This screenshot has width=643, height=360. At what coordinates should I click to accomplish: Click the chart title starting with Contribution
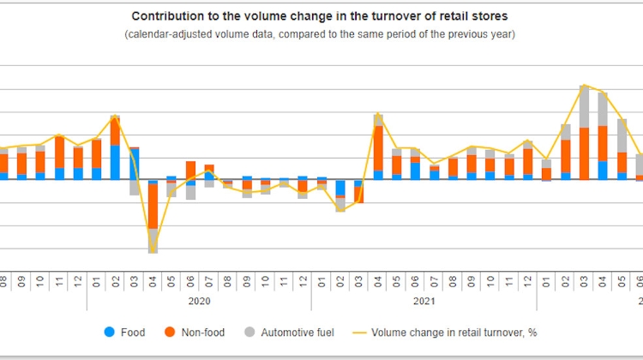pyautogui.click(x=319, y=16)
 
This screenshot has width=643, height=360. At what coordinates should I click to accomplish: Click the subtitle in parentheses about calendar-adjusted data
pyautogui.click(x=319, y=34)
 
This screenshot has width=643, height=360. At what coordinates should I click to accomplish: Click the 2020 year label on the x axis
pyautogui.click(x=199, y=301)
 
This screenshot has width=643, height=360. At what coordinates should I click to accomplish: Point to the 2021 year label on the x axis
pyautogui.click(x=424, y=301)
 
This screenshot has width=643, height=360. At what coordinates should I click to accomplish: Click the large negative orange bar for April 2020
pyautogui.click(x=153, y=206)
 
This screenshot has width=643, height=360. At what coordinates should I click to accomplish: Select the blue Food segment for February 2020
pyautogui.click(x=115, y=162)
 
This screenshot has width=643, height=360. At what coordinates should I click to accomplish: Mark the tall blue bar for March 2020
pyautogui.click(x=134, y=164)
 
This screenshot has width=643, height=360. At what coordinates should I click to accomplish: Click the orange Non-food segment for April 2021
pyautogui.click(x=377, y=148)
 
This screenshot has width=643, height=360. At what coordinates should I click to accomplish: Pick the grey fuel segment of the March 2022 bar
pyautogui.click(x=584, y=107)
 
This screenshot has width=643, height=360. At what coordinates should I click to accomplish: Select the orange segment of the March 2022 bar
pyautogui.click(x=584, y=153)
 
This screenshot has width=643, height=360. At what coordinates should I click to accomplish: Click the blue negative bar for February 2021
pyautogui.click(x=340, y=188)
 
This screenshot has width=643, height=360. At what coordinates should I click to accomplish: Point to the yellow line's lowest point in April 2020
pyautogui.click(x=153, y=252)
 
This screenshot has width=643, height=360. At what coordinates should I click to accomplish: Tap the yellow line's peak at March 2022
pyautogui.click(x=584, y=86)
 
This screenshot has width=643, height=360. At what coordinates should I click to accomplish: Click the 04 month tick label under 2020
pyautogui.click(x=153, y=279)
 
